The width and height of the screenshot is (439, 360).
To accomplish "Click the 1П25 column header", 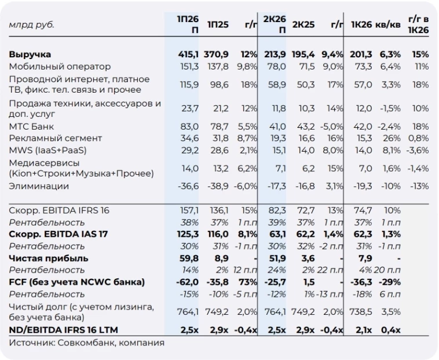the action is tap(218, 25).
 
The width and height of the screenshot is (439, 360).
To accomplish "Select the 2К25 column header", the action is tap(303, 25).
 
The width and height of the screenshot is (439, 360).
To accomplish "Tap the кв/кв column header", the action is tap(388, 25).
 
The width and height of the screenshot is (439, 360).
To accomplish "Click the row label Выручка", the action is tap(30, 54).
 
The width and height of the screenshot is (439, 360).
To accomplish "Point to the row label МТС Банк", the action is tap(31, 126).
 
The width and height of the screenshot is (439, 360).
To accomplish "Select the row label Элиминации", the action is tap(39, 186).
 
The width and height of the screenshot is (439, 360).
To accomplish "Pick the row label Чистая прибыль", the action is tap(49, 258).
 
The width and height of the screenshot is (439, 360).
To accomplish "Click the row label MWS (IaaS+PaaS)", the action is tap(47, 150).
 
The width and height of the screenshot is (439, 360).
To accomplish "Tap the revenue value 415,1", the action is tap(188, 54).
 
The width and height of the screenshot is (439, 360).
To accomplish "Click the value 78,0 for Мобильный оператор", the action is tap(277, 67).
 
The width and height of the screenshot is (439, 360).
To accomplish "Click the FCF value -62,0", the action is tap(187, 282).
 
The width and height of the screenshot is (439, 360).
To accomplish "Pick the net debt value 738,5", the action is tap(361, 311).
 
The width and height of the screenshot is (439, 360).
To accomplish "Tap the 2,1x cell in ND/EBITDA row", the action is tap(364, 330).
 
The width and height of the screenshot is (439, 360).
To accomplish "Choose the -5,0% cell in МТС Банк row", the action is tap(332, 126).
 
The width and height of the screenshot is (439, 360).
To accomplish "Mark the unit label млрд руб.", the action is tap(31, 25).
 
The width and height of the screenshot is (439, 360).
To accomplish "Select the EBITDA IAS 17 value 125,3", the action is tap(188, 234).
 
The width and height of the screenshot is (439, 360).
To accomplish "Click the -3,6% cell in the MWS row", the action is tap(418, 150).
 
